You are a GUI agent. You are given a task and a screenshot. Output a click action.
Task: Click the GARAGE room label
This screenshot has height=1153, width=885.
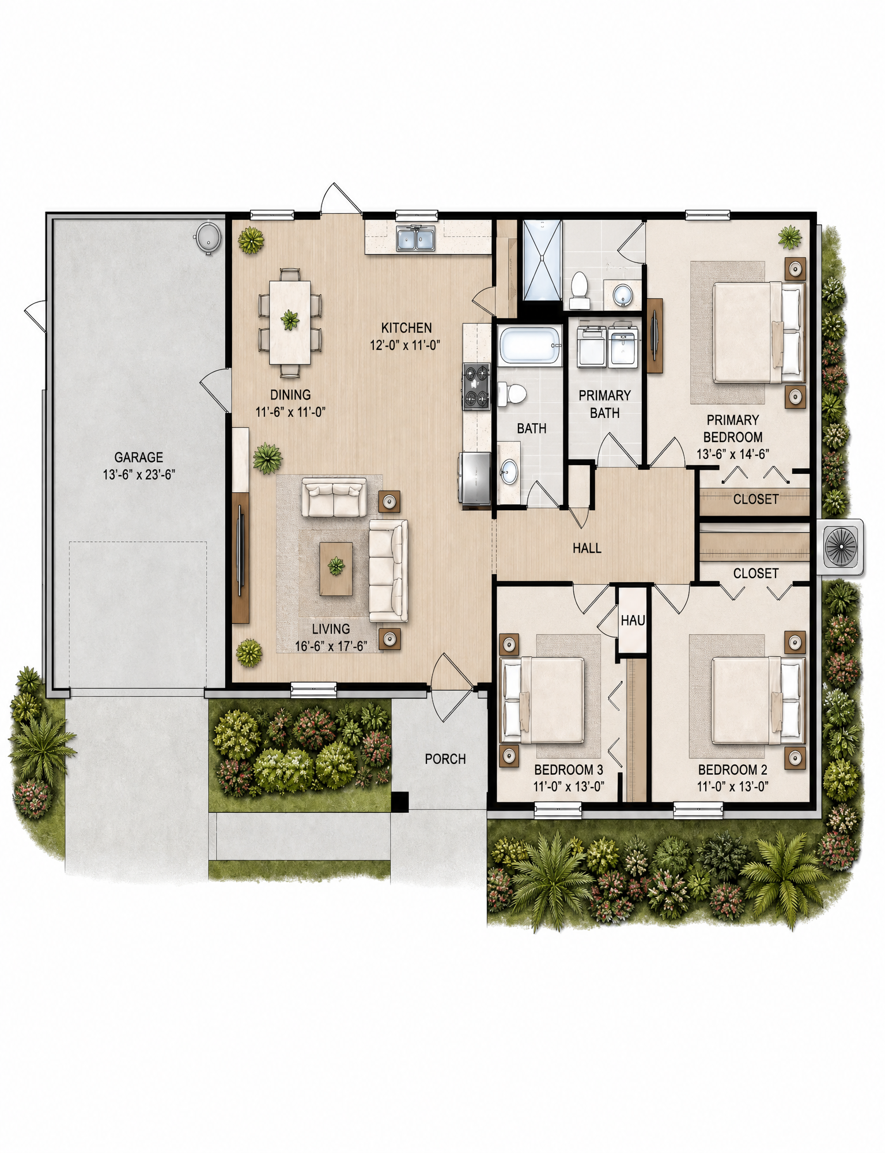(x=138, y=457)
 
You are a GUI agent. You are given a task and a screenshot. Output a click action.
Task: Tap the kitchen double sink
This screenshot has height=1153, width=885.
(x=415, y=239)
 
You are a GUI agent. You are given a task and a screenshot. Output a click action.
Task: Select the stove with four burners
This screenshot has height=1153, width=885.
(x=476, y=386)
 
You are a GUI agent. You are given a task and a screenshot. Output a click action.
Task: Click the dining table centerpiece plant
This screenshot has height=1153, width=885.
(x=290, y=319)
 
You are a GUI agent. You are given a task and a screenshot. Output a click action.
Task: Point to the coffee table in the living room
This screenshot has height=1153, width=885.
(x=336, y=568)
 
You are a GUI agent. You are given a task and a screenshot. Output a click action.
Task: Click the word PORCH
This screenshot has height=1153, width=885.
(x=445, y=759)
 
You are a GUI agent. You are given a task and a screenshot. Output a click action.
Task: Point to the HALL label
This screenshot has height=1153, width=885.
(x=587, y=548)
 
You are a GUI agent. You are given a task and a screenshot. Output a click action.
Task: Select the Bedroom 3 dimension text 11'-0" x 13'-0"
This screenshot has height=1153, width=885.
(x=569, y=786)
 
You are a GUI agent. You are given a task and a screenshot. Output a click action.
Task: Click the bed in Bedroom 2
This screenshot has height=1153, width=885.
(x=758, y=700)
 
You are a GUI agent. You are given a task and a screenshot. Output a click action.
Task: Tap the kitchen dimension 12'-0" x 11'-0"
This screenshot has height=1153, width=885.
(x=405, y=345)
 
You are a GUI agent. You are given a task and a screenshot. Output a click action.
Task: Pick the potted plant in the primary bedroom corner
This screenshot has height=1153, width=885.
(x=790, y=236)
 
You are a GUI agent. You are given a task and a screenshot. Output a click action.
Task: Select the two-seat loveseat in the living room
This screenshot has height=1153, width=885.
(x=334, y=497)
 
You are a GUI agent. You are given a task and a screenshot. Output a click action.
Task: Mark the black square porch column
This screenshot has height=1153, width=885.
(x=399, y=801)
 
